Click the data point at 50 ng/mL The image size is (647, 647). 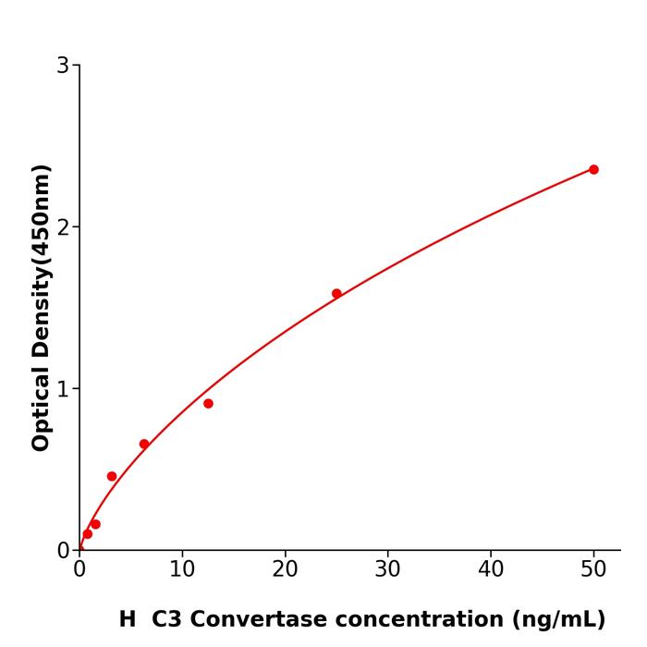coord(593,169)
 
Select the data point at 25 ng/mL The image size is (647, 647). coord(336,294)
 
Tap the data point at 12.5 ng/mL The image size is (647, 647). coord(208,404)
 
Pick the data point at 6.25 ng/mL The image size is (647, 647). coord(144,444)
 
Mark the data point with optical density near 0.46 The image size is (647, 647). coord(112,476)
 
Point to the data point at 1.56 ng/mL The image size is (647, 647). coord(95,524)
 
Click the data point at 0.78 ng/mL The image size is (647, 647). coord(87,533)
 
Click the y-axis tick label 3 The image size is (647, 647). coord(63,66)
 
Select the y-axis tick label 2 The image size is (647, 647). coord(63,227)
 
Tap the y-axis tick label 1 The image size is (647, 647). coord(63,389)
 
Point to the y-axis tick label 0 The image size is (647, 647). coord(63,551)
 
